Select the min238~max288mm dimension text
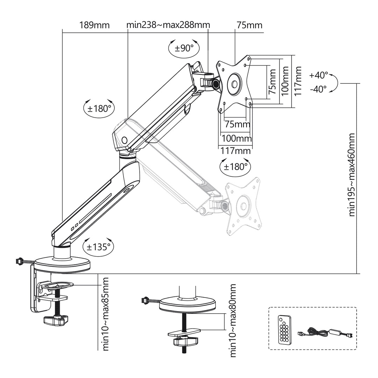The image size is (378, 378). tap(168, 25)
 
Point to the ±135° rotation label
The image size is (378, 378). tap(98, 247)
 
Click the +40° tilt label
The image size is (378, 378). tap(319, 75)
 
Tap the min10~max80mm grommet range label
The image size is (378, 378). tap(233, 321)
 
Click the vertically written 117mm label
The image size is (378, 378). tap(298, 82)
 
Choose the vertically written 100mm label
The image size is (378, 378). tap(285, 82)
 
